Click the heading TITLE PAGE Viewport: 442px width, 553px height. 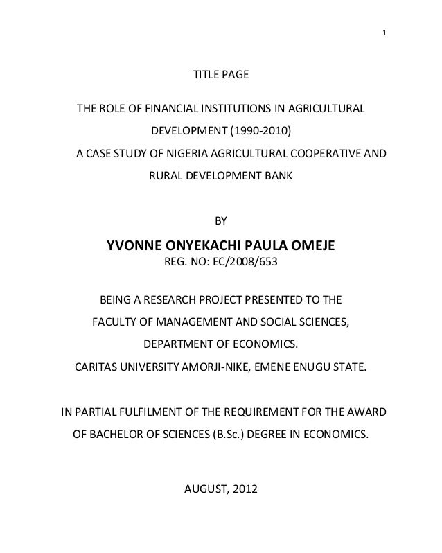(x=220, y=74)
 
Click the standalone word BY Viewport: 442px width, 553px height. (x=221, y=222)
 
